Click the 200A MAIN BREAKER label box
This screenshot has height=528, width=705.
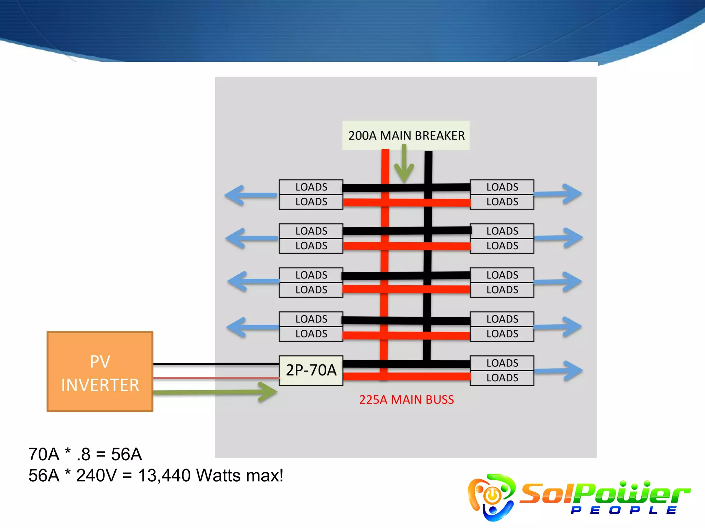406,135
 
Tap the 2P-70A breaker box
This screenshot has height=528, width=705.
311,370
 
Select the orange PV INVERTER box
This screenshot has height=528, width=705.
100,372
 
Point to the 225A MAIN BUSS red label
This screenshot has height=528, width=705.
406,400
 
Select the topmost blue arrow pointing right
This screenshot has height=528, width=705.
558,194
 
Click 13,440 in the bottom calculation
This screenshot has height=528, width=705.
164,476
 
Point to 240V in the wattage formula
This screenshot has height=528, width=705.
96,476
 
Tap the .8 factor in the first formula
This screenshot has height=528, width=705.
83,454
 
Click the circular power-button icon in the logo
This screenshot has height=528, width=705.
492,495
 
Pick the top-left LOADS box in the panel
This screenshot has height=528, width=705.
311,187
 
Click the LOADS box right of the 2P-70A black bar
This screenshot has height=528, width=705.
502,363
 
